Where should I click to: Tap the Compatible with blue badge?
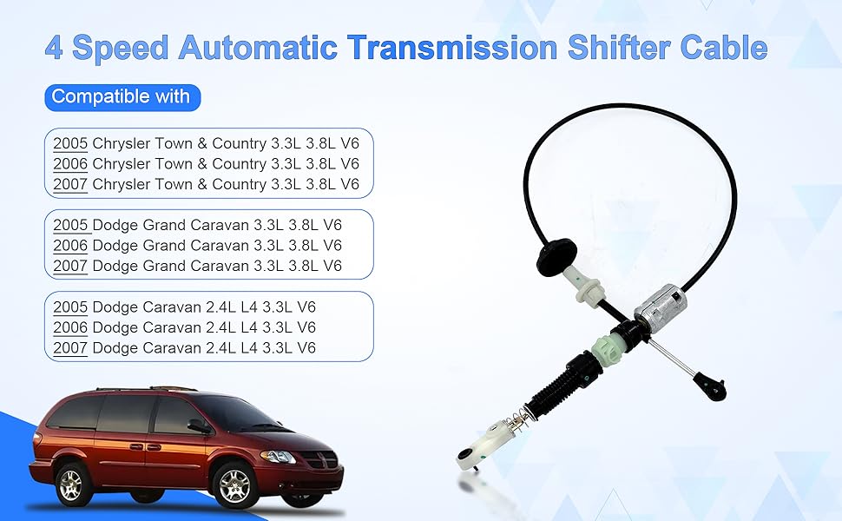coord(122,97)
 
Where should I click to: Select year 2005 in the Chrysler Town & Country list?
coord(70,143)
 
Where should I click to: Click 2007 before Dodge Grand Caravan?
coord(70,266)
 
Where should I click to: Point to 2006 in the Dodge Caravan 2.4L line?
coord(70,327)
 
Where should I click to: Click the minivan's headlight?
coord(278,457)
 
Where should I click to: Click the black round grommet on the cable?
coord(556,257)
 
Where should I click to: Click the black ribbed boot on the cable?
coord(558,386)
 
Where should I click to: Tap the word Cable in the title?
coord(724,47)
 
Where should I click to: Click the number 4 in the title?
coord(54,48)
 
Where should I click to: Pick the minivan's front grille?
coord(320,459)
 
